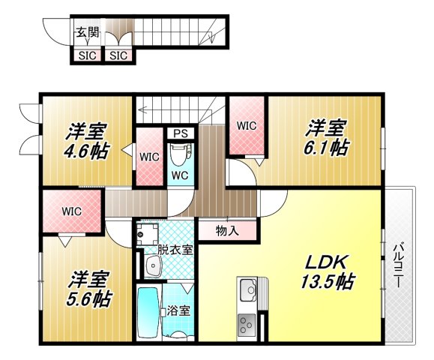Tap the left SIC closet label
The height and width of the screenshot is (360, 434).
(85, 55)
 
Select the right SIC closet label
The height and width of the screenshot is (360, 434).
(117, 55)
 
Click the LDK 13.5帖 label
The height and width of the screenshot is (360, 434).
(328, 272)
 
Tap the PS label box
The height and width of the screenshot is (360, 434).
(180, 133)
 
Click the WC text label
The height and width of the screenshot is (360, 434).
(179, 175)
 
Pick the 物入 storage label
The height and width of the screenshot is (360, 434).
(226, 230)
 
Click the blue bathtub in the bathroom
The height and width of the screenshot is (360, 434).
(148, 313)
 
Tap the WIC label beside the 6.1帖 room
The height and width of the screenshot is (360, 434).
(247, 126)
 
